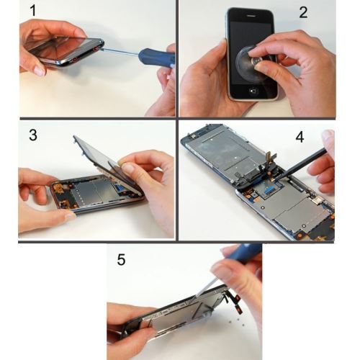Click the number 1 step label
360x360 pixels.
pyautogui.click(x=33, y=11)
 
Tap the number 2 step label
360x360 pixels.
pyautogui.click(x=303, y=12)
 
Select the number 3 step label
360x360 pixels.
pyautogui.click(x=33, y=135)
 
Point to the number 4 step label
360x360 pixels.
pyautogui.click(x=300, y=138)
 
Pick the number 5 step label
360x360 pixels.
pyautogui.click(x=121, y=260)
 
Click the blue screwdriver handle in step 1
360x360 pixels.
pyautogui.click(x=157, y=57)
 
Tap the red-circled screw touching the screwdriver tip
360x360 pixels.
pyautogui.click(x=96, y=49)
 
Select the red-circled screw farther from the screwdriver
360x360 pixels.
pyautogui.click(x=75, y=59)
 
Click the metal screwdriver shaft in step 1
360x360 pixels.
pyautogui.click(x=118, y=52)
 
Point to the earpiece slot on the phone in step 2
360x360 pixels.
pyautogui.click(x=250, y=16)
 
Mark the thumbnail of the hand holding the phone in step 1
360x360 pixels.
pyautogui.click(x=39, y=71)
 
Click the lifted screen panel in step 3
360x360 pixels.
pyautogui.click(x=106, y=163)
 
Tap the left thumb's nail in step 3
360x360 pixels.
pyautogui.click(x=71, y=216)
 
